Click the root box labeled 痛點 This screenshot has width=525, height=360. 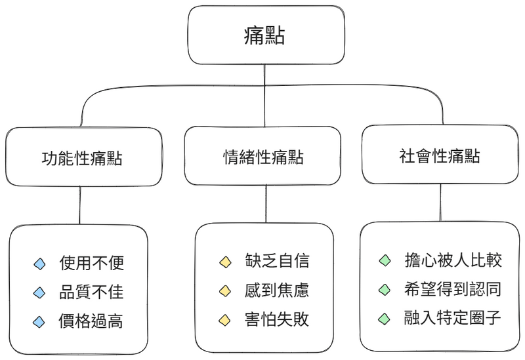(x=266, y=35)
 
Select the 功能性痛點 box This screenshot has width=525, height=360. (x=84, y=157)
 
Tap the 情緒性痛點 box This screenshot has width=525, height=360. (x=262, y=155)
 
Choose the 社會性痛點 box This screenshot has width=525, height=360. (x=440, y=154)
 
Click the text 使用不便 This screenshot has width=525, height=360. (x=92, y=263)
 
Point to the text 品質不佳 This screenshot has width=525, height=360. (x=91, y=292)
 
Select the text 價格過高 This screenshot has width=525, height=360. (x=91, y=321)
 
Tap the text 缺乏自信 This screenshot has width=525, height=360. (x=277, y=261)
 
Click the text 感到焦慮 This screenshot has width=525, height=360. (x=276, y=290)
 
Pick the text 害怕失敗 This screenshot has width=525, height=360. (x=276, y=319)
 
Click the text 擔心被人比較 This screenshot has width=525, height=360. (x=453, y=260)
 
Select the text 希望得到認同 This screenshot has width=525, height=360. (x=453, y=289)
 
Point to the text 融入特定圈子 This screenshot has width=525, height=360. (x=452, y=318)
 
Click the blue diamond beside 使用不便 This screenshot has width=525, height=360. (x=39, y=264)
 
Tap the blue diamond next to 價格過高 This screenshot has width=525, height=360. (x=39, y=322)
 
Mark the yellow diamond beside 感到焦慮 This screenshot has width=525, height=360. (x=225, y=291)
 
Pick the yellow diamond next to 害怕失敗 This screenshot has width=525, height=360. (x=224, y=320)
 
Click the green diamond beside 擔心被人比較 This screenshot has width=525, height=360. (x=385, y=260)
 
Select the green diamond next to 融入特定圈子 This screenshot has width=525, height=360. (x=384, y=319)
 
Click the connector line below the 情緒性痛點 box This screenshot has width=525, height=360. (x=266, y=204)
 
